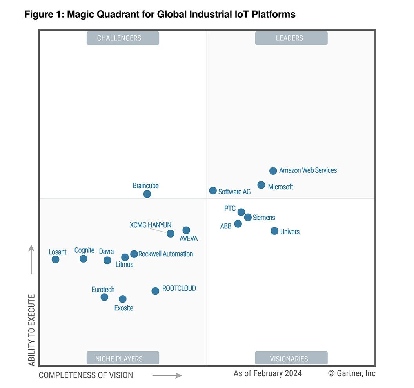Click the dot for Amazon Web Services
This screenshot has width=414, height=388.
pos(273,171)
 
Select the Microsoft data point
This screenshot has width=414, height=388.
pos(261,185)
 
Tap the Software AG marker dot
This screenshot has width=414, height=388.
pos(213,190)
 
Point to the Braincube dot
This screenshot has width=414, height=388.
pos(147,194)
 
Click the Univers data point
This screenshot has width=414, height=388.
pos(274,231)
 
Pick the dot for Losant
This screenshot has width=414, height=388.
pos(56,259)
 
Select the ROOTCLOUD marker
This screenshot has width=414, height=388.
pos(155,291)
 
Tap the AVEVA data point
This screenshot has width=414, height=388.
pos(186,230)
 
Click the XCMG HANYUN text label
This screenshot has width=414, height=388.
pos(151,225)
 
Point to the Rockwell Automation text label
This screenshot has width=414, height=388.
pos(165,254)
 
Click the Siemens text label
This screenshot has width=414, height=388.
pos(264,218)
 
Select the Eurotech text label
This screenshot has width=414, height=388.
pos(103,290)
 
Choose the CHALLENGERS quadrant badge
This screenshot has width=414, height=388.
pos(123,38)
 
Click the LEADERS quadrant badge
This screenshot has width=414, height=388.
pos(291,38)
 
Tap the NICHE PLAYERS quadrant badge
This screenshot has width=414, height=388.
pos(123,358)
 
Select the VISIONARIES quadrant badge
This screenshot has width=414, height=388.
pos(291,358)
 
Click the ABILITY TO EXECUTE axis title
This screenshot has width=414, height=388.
pos(32,330)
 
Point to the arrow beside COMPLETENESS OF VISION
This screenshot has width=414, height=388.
pos(167,375)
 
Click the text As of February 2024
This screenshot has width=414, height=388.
pos(268,373)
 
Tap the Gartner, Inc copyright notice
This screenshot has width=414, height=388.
pos(352,373)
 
